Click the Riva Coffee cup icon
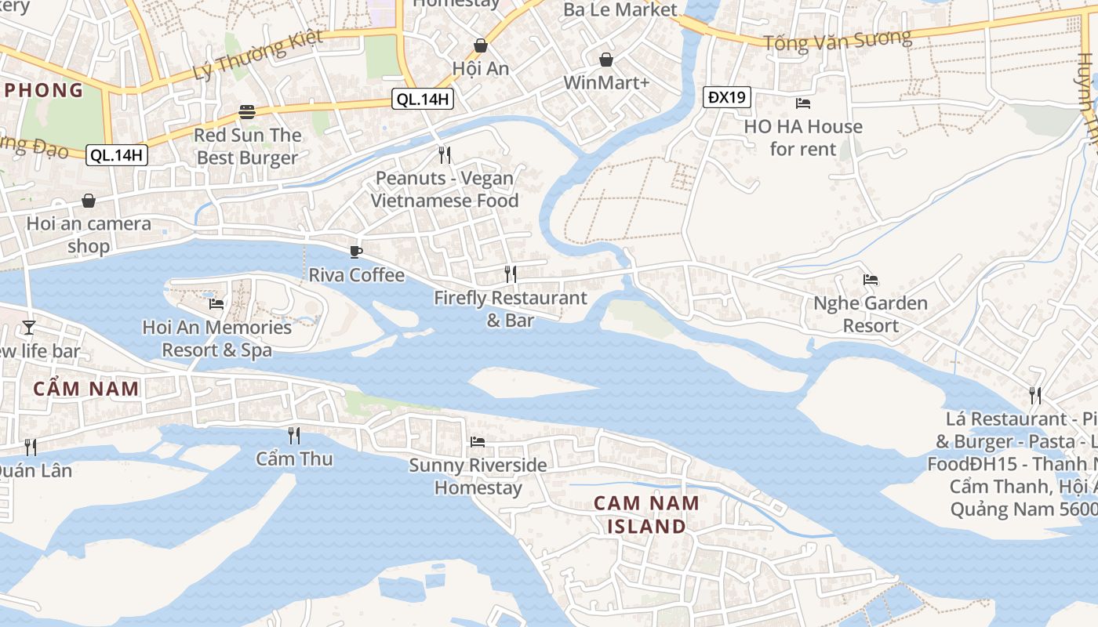coord(356,252)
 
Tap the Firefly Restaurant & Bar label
coord(510,309)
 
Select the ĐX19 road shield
coord(726,97)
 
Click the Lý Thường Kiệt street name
coord(257,60)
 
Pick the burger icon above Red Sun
coord(248,112)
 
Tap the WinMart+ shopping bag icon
coord(606,60)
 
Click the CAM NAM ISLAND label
coord(646,514)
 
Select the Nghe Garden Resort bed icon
coord(870,280)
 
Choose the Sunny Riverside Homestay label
coord(478,477)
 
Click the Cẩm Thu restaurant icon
coord(294,435)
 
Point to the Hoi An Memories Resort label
coord(217,338)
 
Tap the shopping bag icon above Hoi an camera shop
coord(89,201)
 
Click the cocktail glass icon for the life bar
coord(29,327)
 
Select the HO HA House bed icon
coord(802,103)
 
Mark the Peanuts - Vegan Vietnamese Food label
coord(445,189)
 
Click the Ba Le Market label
coord(620,9)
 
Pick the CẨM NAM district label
coord(86,388)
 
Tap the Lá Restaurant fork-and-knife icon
coord(1035,395)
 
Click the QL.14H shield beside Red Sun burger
coord(116,154)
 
